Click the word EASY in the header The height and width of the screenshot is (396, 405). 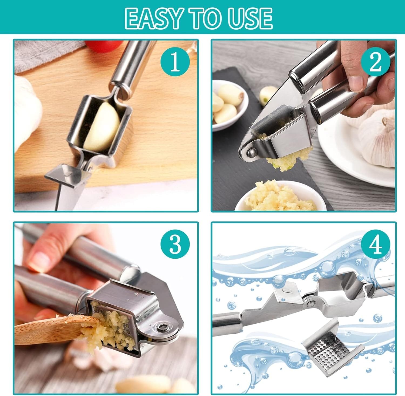(x=153, y=18)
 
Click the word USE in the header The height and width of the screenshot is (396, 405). (x=250, y=18)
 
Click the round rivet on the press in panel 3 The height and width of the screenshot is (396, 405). (x=163, y=328)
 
